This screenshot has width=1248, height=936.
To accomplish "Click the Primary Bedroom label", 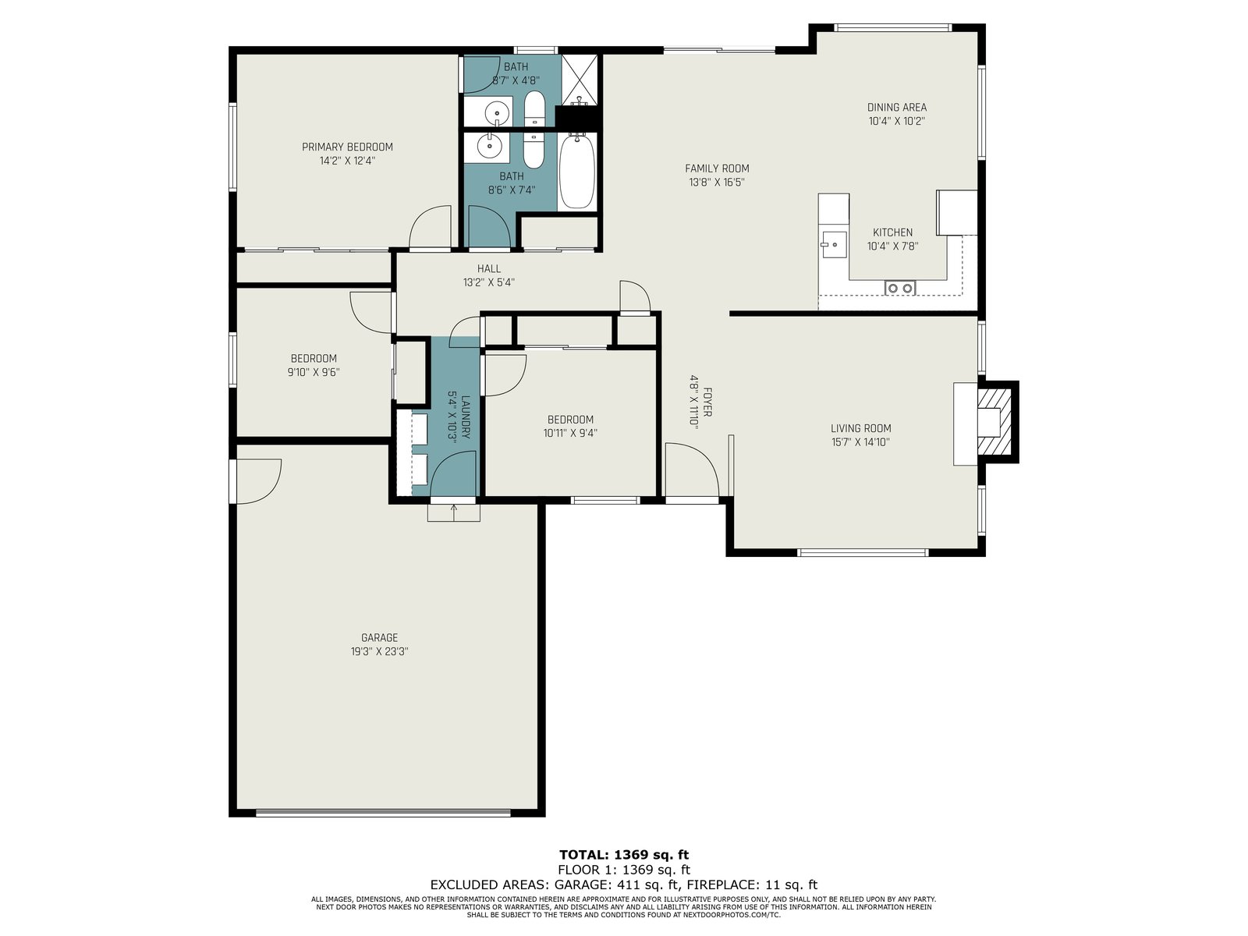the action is tap(347, 147).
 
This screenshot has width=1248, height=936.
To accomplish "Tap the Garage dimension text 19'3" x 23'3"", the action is tap(379, 651).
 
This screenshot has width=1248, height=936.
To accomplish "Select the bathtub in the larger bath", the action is tap(578, 171).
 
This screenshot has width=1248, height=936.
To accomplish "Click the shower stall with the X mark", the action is tap(580, 80).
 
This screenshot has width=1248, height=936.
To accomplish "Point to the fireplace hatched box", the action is tap(995, 421).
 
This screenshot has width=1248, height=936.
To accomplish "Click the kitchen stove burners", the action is tap(901, 288).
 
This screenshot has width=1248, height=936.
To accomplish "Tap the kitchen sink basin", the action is tap(834, 245).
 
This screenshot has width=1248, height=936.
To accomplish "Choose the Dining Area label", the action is tap(897, 107).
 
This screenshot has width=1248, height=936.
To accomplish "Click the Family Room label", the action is tap(717, 168).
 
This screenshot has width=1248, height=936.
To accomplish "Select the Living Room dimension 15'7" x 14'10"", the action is tap(861, 442).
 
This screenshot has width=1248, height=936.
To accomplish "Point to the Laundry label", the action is tap(466, 417).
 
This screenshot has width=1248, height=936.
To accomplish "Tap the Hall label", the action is tap(489, 269).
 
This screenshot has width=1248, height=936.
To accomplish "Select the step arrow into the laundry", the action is tap(454, 512).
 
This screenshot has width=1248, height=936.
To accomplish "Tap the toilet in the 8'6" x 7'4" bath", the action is tap(534, 150).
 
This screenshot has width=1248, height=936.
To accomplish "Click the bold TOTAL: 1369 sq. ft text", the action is tap(624, 855).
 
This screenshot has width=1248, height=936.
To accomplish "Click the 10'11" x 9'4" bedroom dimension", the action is tap(570, 433).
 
